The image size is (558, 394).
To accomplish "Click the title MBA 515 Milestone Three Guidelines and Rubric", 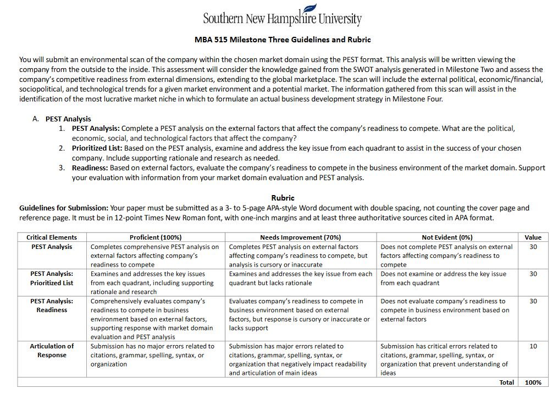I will tap(283, 40).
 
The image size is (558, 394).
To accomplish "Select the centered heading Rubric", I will tap(283, 198).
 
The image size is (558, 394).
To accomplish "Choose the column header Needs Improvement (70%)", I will tap(301, 237).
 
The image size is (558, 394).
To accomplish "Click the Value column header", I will tap(533, 237).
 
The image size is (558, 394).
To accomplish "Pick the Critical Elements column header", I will tap(52, 237).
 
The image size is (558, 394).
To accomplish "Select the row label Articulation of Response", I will tap(52, 351).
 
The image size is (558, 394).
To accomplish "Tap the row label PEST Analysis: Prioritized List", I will tap(52, 278).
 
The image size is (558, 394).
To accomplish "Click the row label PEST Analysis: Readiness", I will tap(52, 306).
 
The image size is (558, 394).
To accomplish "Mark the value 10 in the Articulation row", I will tap(533, 346).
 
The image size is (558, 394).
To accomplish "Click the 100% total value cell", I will tap(533, 382).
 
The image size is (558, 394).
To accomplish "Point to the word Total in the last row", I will tap(506, 382).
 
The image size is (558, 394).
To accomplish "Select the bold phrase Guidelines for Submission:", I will tap(64, 208).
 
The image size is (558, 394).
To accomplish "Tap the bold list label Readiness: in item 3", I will tap(90, 168).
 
